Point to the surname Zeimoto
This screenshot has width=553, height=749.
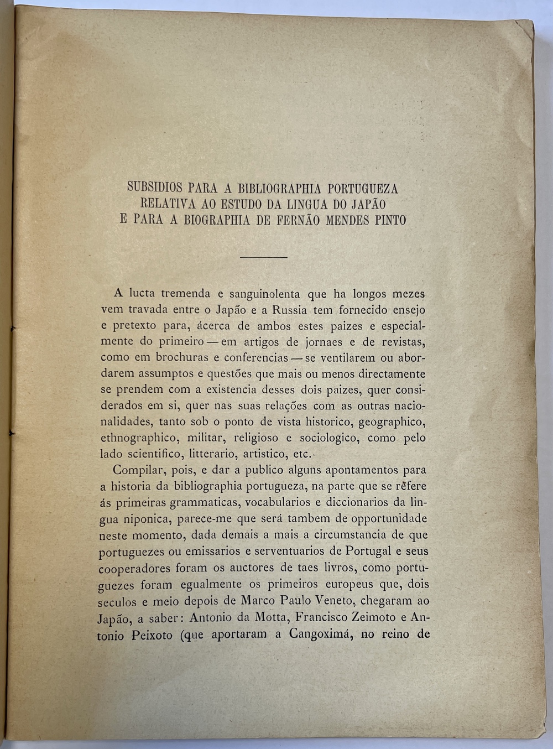(x=371, y=616)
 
